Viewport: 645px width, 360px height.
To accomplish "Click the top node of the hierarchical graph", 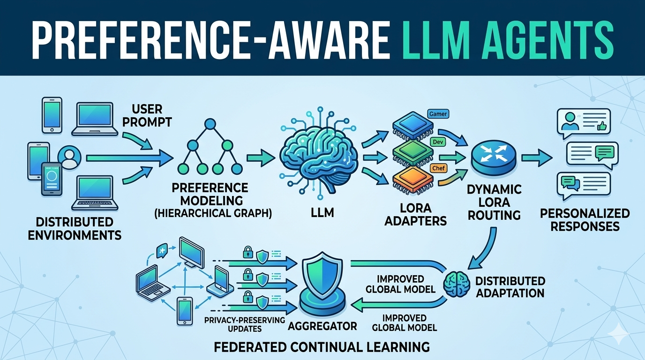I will pyautogui.click(x=210, y=124).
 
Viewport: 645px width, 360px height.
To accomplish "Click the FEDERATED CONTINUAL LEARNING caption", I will pyautogui.click(x=322, y=347).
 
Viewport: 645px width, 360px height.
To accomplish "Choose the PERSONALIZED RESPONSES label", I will pyautogui.click(x=584, y=220).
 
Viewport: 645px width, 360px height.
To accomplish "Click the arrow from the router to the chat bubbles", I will pyautogui.click(x=536, y=157).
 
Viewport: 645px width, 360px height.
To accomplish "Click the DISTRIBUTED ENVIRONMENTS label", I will pyautogui.click(x=75, y=228).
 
